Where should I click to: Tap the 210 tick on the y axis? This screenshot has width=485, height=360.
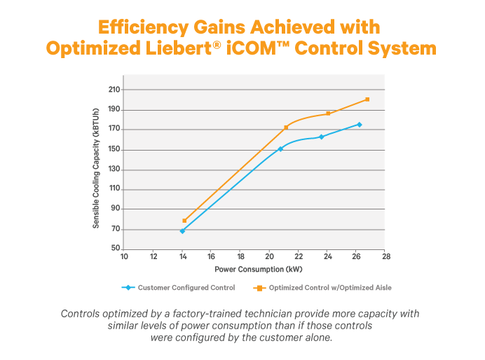(114, 90)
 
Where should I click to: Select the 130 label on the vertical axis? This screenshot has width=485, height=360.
(114, 169)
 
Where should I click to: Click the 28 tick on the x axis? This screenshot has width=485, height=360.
(385, 256)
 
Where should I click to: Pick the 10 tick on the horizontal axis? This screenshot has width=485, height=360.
(124, 256)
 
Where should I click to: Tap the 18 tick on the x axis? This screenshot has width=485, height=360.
(240, 256)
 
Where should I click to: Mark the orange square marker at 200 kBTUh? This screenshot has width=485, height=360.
(367, 99)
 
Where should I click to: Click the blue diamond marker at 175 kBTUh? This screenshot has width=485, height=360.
(360, 125)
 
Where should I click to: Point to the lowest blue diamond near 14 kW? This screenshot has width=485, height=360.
(182, 230)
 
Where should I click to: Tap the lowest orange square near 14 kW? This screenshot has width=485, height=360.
(184, 221)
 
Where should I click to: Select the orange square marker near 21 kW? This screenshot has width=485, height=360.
(286, 127)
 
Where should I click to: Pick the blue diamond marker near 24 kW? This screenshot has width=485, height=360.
(322, 137)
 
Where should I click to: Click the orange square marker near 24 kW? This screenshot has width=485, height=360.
(328, 113)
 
